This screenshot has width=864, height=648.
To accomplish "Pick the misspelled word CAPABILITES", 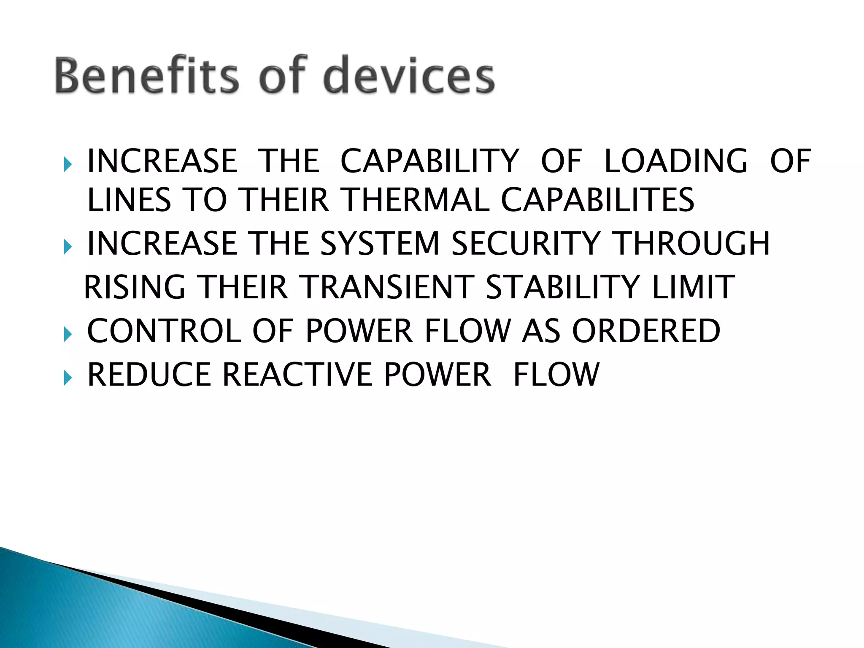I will coord(597,200).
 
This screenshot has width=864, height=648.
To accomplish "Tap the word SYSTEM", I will coord(380,243).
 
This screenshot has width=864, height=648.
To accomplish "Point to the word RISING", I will coord(135,287).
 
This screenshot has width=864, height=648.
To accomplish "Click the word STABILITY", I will coord(563,287).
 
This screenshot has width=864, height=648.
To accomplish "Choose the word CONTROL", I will coord(164,331).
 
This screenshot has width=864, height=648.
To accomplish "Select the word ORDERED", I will coord(646,331).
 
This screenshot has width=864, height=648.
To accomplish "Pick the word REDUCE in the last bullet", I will coord(149,374).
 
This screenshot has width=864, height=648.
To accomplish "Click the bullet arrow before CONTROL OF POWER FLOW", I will coord(68,335).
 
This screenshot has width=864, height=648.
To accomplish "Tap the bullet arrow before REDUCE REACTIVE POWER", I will coord(68,378).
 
